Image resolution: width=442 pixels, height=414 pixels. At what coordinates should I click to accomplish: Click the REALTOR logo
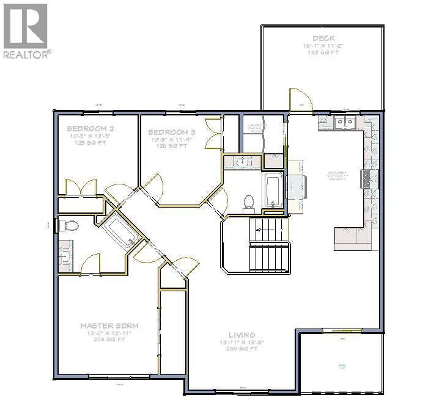(x=26, y=31)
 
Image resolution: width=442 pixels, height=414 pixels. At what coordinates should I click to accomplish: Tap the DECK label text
(x=323, y=38)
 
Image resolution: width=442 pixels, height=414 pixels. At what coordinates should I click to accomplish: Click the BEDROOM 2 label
(x=90, y=129)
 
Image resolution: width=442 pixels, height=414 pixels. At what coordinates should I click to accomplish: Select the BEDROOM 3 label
(x=172, y=132)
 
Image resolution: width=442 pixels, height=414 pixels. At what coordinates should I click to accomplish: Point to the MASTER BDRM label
(x=109, y=325)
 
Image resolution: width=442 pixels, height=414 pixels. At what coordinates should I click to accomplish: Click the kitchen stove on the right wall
(x=369, y=178)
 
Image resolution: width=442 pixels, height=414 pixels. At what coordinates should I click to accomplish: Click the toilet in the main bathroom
(x=249, y=201)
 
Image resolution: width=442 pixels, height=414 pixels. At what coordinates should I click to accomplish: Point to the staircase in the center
(x=267, y=244)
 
